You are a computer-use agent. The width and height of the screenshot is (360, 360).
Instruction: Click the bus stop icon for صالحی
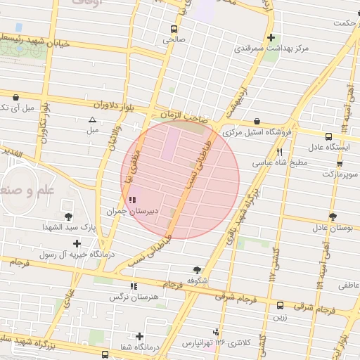174,29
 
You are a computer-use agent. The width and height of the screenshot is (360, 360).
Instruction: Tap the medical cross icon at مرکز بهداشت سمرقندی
271,37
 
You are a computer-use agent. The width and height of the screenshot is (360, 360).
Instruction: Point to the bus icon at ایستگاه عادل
328,136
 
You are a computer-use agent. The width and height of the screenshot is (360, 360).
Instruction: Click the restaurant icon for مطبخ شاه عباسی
280,152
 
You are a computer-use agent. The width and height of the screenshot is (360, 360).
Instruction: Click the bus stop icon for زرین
280,305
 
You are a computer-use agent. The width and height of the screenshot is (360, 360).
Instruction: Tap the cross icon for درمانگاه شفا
140,336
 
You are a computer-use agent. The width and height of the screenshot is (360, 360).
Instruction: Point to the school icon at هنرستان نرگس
134,286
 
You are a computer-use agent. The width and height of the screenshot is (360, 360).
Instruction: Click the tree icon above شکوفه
196,269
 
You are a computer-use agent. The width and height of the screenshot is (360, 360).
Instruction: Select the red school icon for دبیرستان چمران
133,200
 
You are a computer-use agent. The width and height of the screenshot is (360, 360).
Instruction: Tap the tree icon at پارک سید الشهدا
68,217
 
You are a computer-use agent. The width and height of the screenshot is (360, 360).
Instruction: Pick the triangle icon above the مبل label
92,120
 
